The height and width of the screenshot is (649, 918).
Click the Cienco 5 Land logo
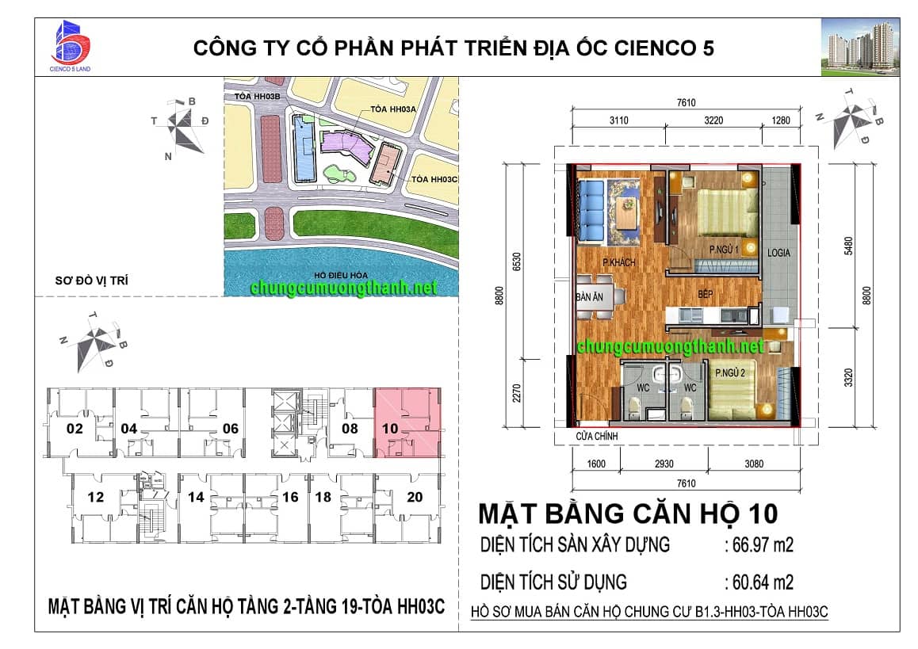click(71, 46)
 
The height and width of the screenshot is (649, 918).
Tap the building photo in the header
click(860, 48)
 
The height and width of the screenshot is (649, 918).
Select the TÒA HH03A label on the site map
click(393, 109)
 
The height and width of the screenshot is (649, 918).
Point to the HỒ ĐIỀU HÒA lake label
click(341, 275)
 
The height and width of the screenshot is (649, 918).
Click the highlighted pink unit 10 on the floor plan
click(407, 422)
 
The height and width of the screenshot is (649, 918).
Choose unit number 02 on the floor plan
click(75, 429)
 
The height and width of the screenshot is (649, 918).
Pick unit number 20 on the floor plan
click(415, 497)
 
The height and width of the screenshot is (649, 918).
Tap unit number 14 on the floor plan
click(196, 497)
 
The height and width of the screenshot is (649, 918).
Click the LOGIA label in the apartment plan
click(778, 253)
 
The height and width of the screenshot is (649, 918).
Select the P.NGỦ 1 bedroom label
click(725, 250)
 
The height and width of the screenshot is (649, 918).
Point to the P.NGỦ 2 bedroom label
click(730, 372)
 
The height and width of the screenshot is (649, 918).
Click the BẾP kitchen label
click(705, 294)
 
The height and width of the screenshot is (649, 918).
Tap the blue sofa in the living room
click(591, 211)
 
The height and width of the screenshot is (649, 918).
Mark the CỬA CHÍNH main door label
click(597, 436)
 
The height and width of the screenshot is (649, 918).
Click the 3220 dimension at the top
click(713, 120)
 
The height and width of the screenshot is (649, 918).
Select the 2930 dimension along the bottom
click(664, 464)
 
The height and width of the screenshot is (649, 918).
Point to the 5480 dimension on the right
click(848, 246)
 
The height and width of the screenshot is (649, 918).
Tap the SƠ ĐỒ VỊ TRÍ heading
click(91, 281)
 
